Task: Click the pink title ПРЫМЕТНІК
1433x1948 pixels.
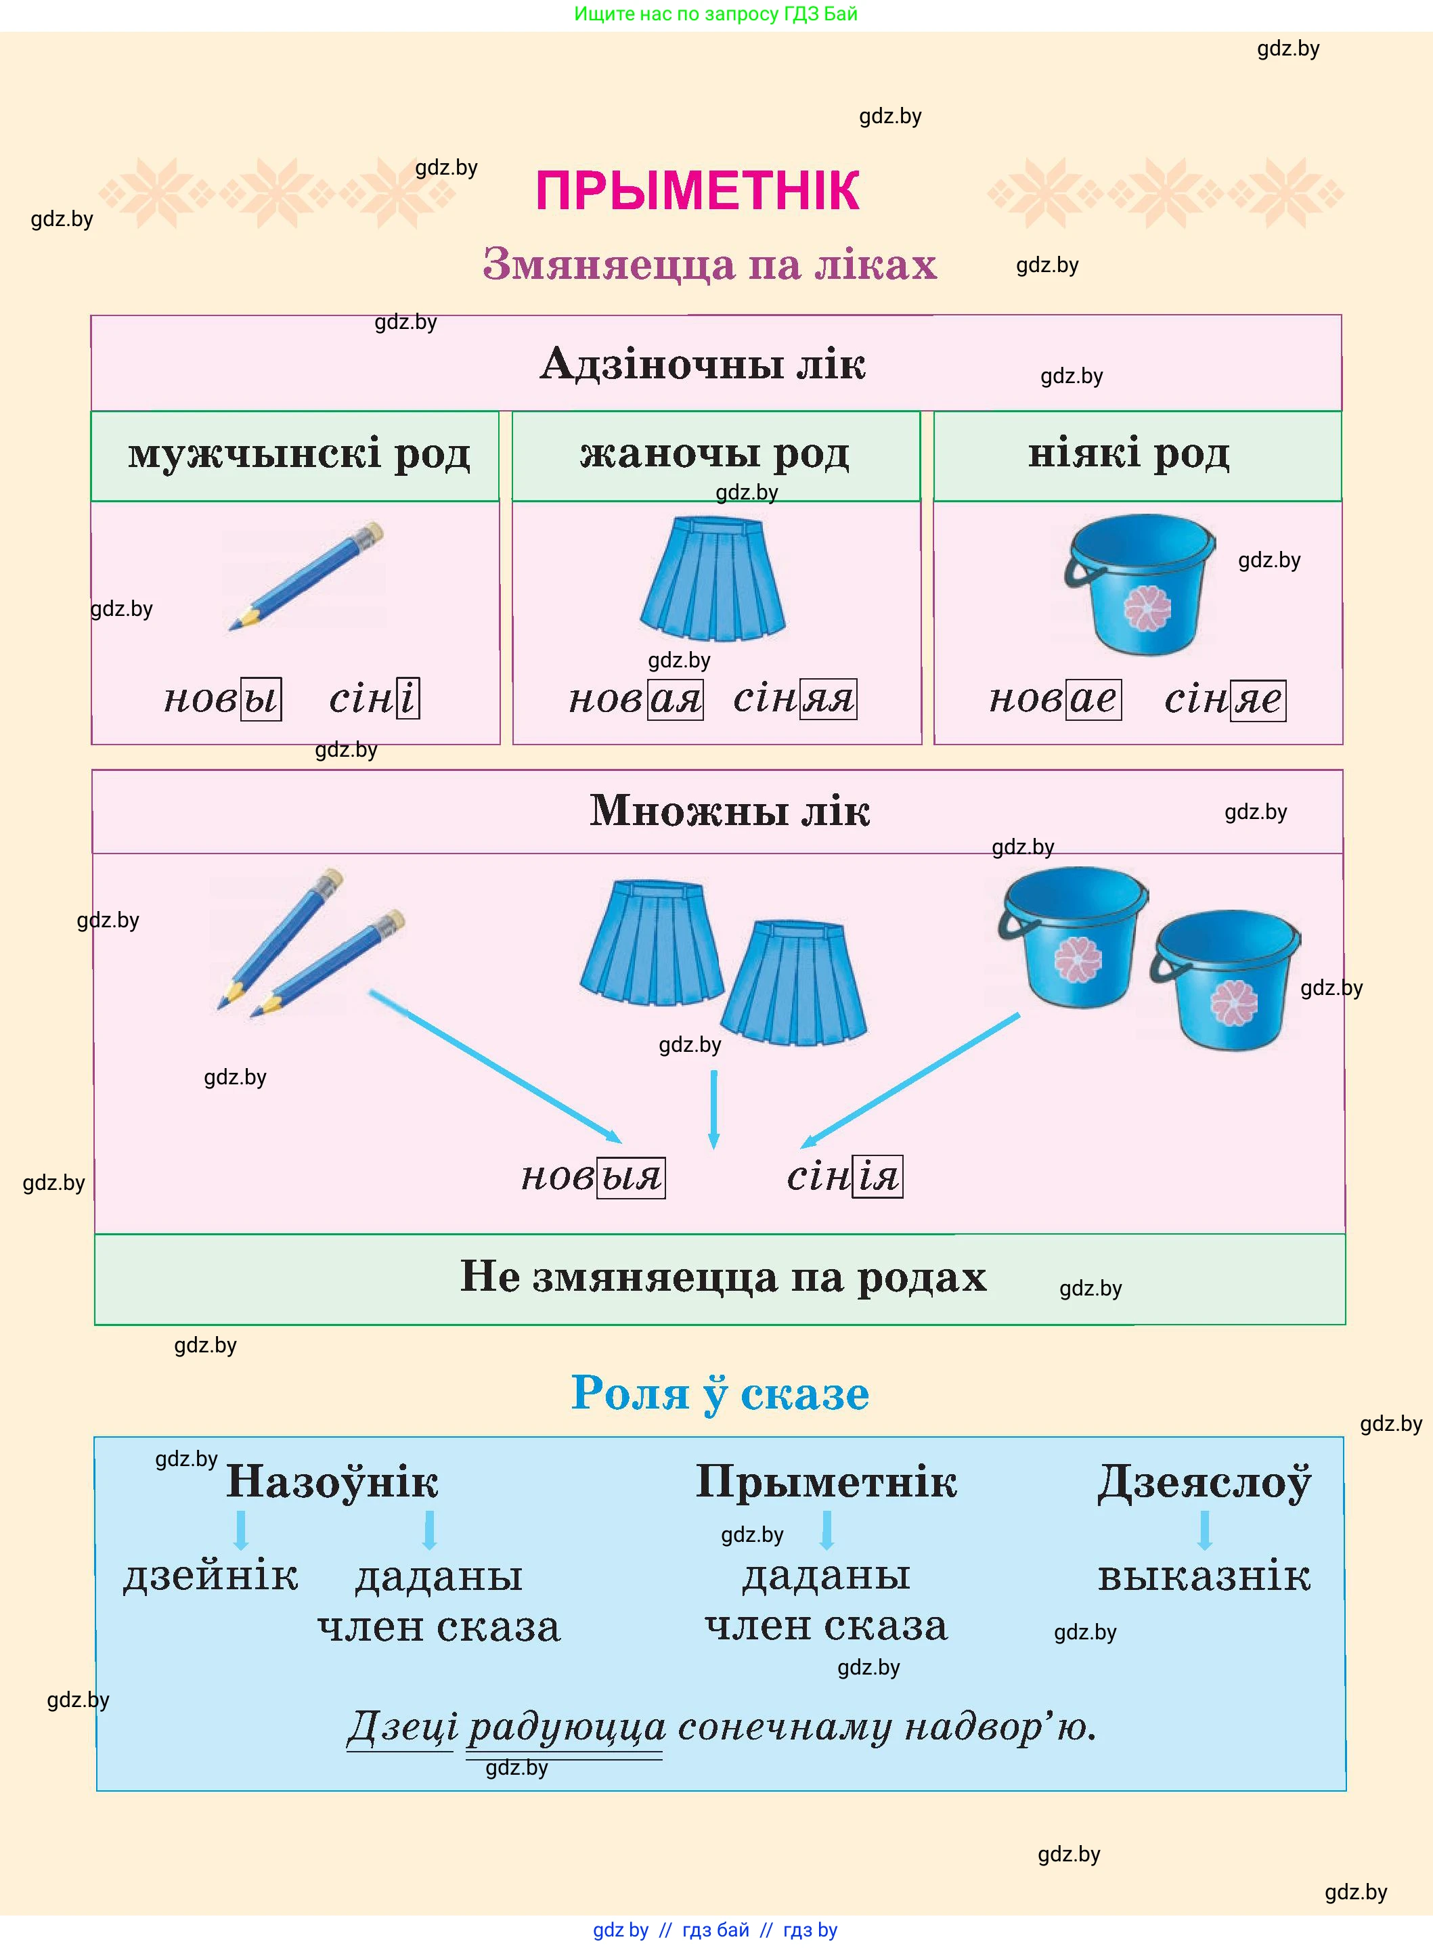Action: pyautogui.click(x=697, y=191)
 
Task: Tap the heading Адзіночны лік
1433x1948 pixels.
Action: pyautogui.click(x=703, y=363)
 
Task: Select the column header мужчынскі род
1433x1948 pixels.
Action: pyautogui.click(x=299, y=453)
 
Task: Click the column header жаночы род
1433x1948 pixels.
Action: pyautogui.click(x=715, y=453)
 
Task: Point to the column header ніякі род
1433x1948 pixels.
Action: pyautogui.click(x=1128, y=453)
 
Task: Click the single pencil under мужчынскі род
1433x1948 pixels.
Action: pyautogui.click(x=305, y=576)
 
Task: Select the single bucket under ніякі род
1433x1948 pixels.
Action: pyautogui.click(x=1140, y=583)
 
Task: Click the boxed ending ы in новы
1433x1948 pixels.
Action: pyautogui.click(x=260, y=699)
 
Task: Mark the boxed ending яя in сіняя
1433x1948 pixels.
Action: pyautogui.click(x=828, y=699)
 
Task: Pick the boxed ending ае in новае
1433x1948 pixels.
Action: pyautogui.click(x=1094, y=699)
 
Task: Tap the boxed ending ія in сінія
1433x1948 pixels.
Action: pyautogui.click(x=878, y=1177)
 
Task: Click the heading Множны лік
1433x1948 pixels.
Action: pyautogui.click(x=730, y=811)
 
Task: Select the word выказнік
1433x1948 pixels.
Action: pyautogui.click(x=1204, y=1577)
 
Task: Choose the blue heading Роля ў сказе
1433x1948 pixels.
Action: pyautogui.click(x=720, y=1394)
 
